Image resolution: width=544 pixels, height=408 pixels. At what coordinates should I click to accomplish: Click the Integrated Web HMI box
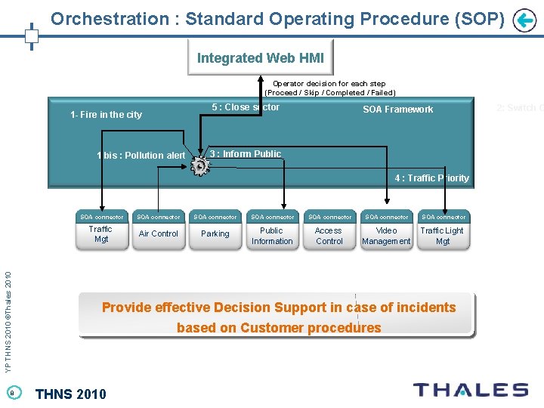coord(261,58)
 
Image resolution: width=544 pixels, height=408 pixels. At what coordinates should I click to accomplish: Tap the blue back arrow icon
coord(524,20)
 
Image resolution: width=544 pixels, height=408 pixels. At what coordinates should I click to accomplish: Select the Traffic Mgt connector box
coord(100,234)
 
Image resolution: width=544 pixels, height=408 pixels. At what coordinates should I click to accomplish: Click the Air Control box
coord(159,234)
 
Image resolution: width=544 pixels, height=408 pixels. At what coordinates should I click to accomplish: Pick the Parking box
coord(215,234)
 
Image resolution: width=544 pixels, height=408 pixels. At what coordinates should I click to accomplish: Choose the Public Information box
coord(272,236)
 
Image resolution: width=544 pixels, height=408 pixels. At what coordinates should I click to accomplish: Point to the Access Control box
coord(329,236)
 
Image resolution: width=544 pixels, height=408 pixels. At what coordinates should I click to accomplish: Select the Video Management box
coord(386,236)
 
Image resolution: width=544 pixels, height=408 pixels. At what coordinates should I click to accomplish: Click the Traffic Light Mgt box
coord(442,236)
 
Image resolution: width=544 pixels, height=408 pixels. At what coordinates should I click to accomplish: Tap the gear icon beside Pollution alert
coord(200,165)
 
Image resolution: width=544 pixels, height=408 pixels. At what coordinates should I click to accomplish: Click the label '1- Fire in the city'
coord(106,115)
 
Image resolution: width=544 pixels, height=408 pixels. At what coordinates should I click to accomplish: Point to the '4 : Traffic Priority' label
coord(431,178)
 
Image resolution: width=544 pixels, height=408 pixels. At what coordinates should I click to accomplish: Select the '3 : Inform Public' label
coord(246,154)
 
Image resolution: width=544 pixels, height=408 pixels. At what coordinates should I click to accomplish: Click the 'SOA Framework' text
coord(397,110)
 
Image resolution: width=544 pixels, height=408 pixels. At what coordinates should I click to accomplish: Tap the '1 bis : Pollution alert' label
coord(141,156)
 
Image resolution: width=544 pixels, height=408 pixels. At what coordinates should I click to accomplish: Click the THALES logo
coord(470,390)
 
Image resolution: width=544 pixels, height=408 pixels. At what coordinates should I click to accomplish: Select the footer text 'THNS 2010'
coord(71,393)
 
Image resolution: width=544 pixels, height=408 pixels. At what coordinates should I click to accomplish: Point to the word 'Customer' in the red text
coord(274,328)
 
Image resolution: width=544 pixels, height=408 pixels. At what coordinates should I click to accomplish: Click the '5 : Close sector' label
coord(246,107)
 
